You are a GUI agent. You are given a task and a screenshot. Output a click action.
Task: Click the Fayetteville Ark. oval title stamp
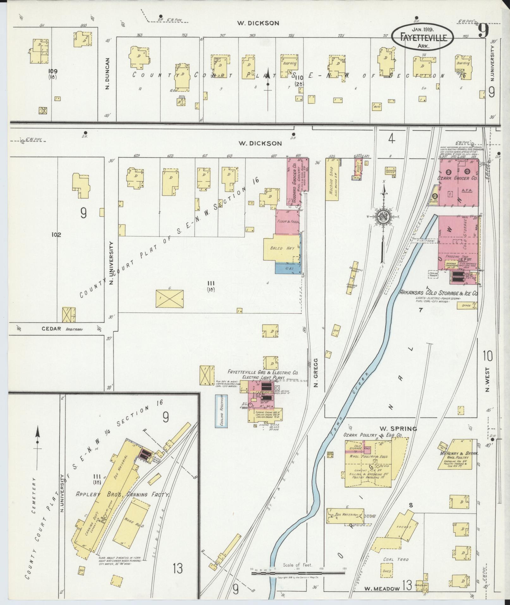pos(423,37)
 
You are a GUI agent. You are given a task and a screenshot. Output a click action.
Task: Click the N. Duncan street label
pos(107,73)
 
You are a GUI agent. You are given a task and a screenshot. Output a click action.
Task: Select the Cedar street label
pos(51,329)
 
